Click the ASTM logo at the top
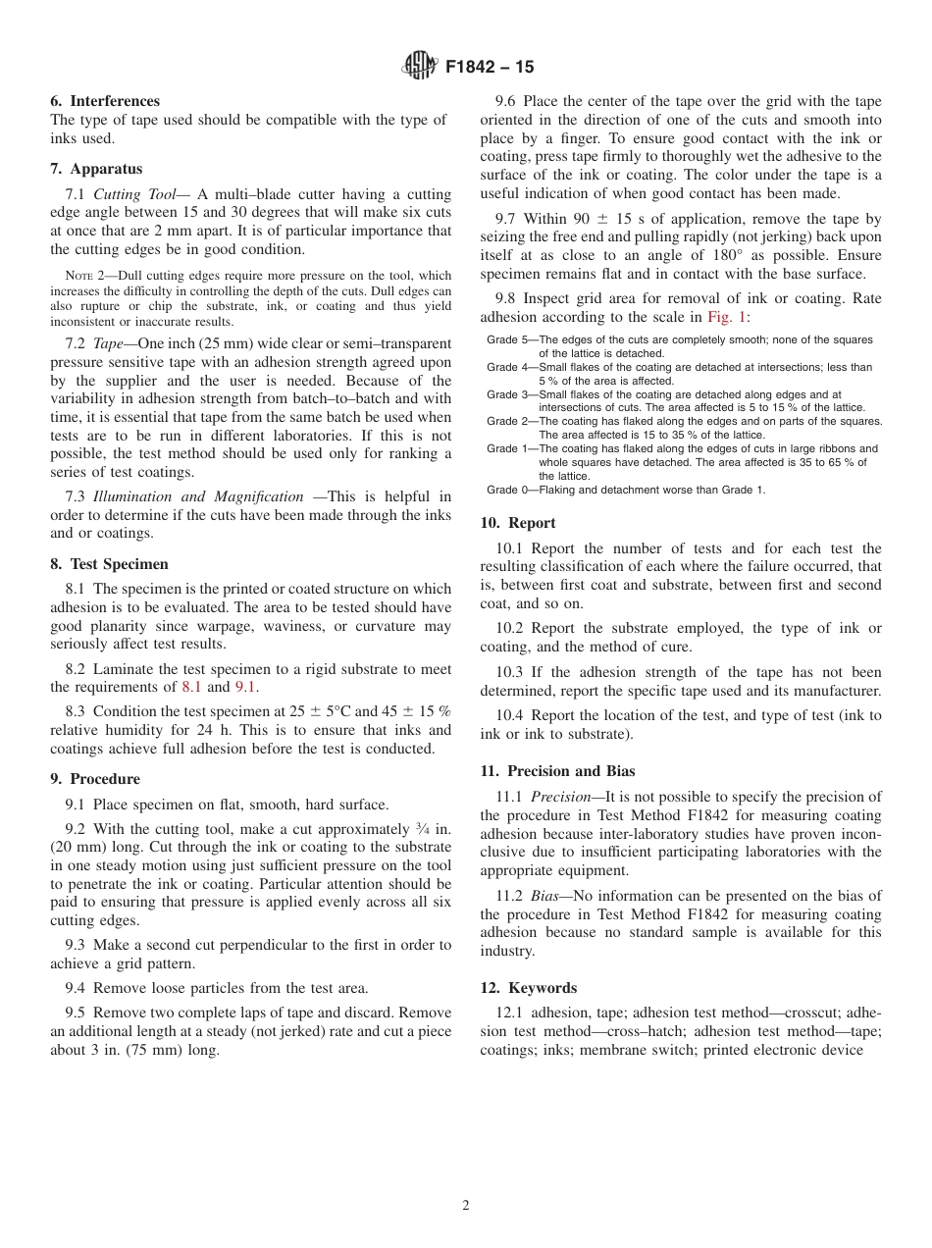click(419, 67)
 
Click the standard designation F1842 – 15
click(490, 68)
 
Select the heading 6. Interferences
click(105, 101)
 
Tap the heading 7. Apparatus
click(96, 169)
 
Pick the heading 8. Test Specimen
click(109, 564)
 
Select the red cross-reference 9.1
click(245, 687)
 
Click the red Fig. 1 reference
click(724, 317)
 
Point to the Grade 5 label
click(508, 340)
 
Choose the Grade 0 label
click(508, 490)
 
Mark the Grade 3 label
click(508, 394)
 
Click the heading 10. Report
click(518, 523)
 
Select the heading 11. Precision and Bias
click(557, 771)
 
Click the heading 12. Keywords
click(528, 988)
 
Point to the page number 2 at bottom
click(466, 1206)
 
